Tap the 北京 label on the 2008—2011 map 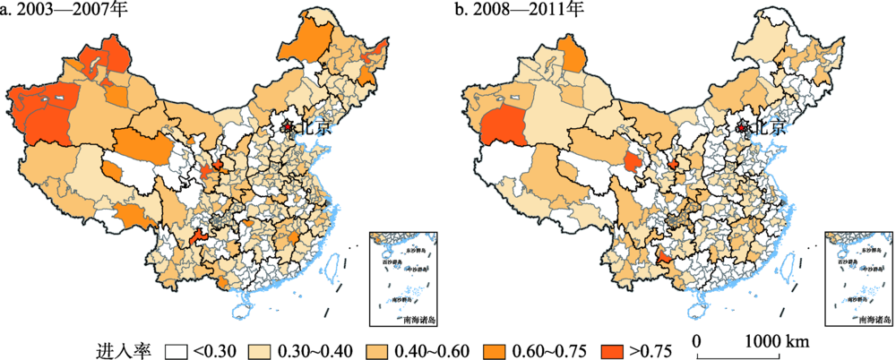tap(769, 128)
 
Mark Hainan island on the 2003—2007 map tap(239, 311)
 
